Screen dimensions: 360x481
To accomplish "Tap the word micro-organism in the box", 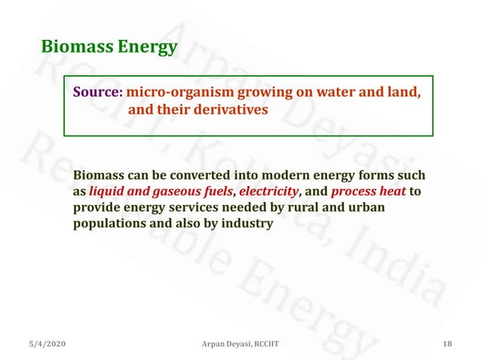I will tap(179, 93).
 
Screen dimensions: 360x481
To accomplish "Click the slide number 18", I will tap(448, 344).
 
